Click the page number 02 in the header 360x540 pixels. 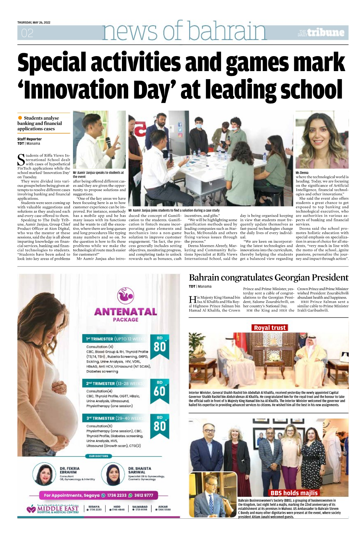[27, 33]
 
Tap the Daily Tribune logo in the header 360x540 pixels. [321, 33]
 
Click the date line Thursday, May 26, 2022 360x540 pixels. [34, 22]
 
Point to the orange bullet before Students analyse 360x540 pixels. [20, 118]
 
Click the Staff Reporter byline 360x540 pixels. [29, 139]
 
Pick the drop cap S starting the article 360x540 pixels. [21, 160]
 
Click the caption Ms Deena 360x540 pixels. [302, 173]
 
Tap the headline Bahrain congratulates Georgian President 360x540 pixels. [268, 277]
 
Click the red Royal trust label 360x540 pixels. [270, 328]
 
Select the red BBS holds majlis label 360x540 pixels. [294, 493]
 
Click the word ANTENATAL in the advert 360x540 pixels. [126, 312]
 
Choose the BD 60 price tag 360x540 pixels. [159, 390]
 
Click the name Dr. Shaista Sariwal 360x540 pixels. [140, 470]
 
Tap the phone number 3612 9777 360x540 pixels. [144, 495]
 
